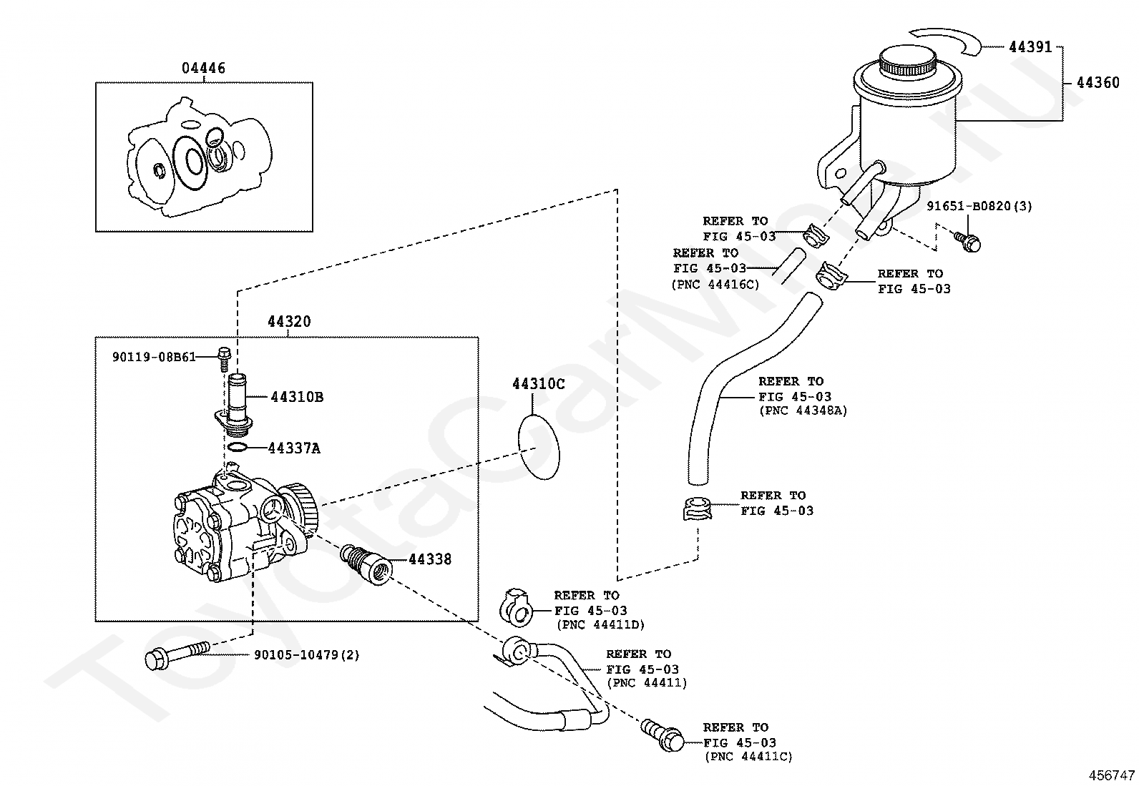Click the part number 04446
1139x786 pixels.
(x=203, y=68)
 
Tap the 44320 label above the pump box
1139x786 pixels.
(x=289, y=321)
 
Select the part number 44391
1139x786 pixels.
(x=1030, y=46)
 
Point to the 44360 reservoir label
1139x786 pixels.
(x=1098, y=82)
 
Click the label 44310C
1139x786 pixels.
(x=539, y=384)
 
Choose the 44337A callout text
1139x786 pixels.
(x=295, y=448)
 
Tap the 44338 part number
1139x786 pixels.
(x=430, y=559)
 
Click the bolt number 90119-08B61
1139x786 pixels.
(x=154, y=358)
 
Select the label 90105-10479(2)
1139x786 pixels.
(x=307, y=655)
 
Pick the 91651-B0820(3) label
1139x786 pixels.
(x=979, y=206)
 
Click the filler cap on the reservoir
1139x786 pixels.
(x=907, y=61)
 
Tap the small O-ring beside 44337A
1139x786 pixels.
(x=238, y=448)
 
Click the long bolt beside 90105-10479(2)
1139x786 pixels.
(x=177, y=655)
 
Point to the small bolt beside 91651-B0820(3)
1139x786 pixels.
(x=967, y=242)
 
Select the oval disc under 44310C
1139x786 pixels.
(x=539, y=447)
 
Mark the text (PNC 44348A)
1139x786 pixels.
(x=803, y=411)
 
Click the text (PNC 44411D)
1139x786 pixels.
(x=600, y=625)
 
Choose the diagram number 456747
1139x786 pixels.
(x=1112, y=775)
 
